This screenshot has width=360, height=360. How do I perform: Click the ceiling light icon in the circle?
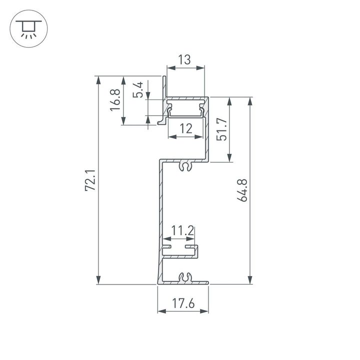click(x=29, y=29)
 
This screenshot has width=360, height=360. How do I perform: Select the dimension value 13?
click(x=184, y=60)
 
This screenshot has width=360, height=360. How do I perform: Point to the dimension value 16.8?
click(x=115, y=100)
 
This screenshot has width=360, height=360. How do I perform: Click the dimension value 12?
click(x=185, y=128)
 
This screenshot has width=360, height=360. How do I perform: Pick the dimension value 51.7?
click(x=222, y=129)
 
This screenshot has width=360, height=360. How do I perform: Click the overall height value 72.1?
click(x=90, y=181)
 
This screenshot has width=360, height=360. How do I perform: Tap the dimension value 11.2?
click(x=182, y=230)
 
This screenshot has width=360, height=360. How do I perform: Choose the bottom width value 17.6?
click(x=183, y=303)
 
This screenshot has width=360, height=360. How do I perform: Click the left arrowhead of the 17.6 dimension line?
click(x=160, y=311)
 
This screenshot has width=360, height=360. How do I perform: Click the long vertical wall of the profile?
click(x=160, y=215)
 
